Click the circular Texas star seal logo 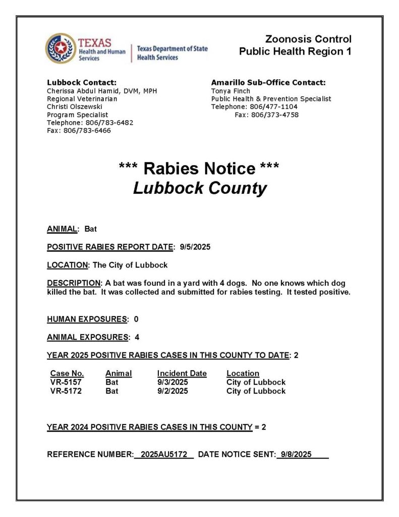click(60, 48)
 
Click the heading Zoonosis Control click(308, 39)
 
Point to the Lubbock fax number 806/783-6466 click(87, 131)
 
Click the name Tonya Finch click(231, 91)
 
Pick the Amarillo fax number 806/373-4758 click(275, 115)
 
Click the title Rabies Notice click(199, 168)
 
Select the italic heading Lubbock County click(199, 188)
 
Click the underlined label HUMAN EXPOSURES click(87, 319)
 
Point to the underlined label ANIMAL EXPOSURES click(87, 337)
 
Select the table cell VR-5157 click(66, 382)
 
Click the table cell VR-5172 click(66, 391)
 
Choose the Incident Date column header click(182, 374)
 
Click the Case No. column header click(67, 374)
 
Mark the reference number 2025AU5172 click(164, 454)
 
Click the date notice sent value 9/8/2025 click(296, 454)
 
